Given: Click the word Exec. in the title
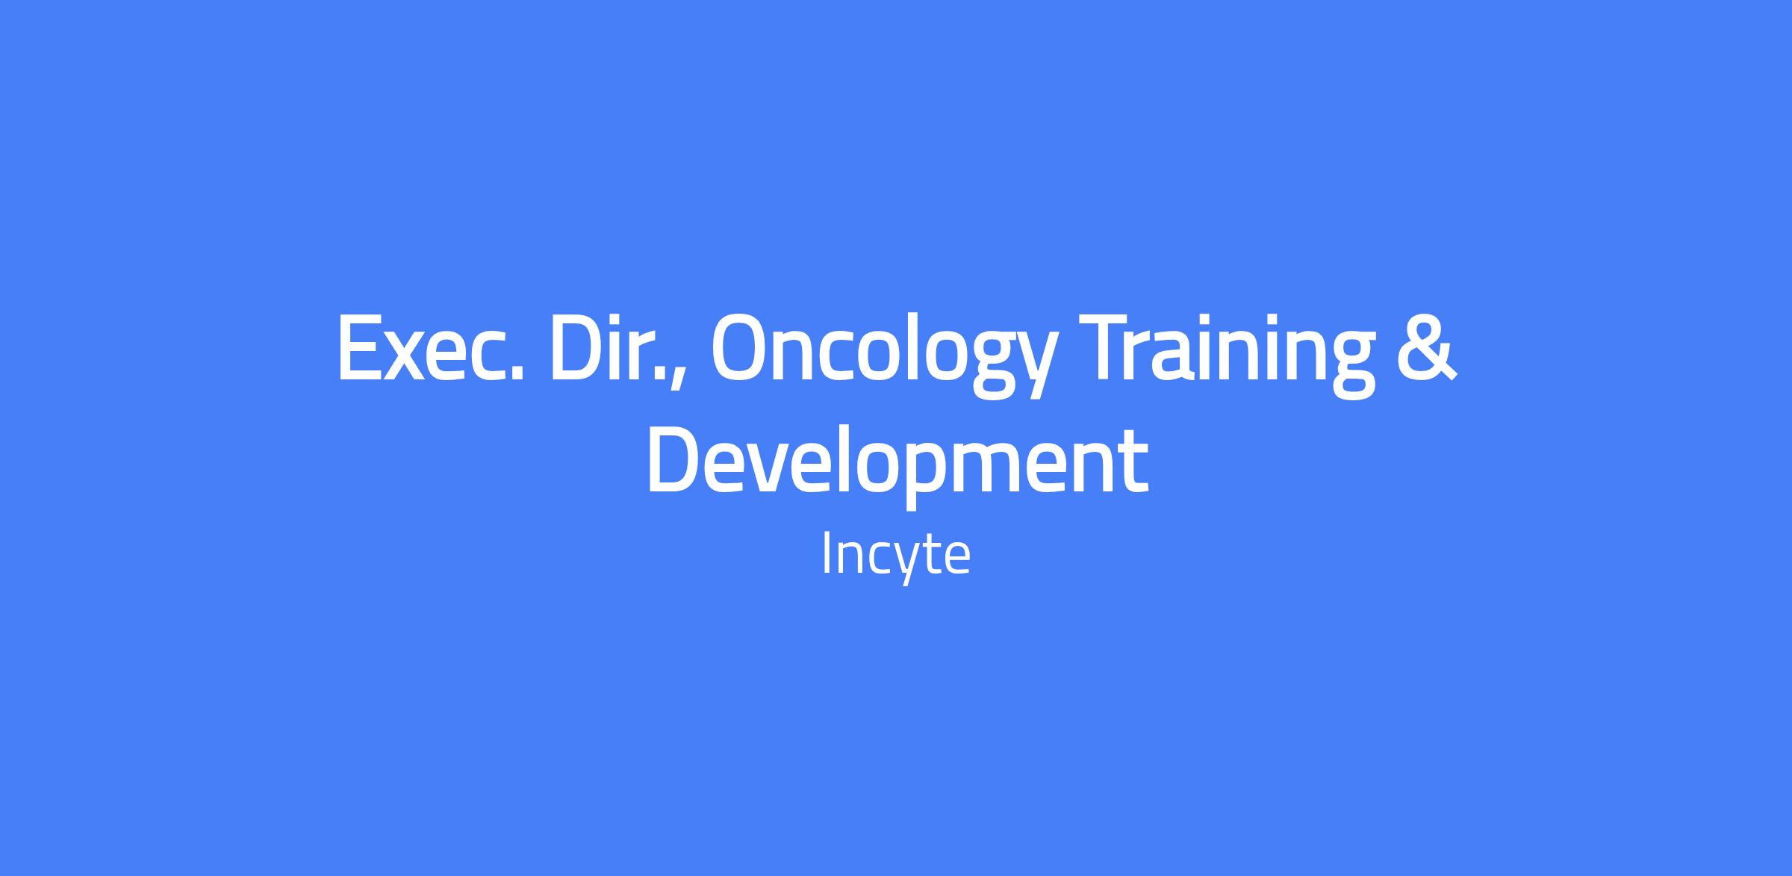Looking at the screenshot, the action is pyautogui.click(x=430, y=347).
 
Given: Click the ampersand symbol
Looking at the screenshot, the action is pyautogui.click(x=1428, y=347).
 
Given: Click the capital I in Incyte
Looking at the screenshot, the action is pyautogui.click(x=826, y=553).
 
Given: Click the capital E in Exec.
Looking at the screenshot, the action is pyautogui.click(x=360, y=347).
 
